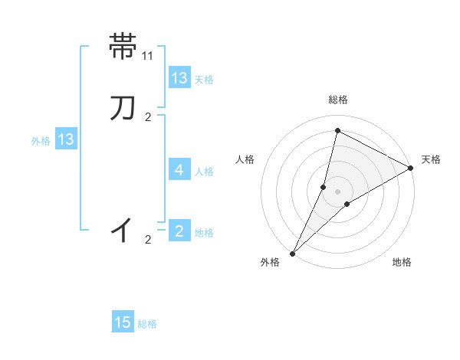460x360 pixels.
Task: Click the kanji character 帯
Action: point(123,46)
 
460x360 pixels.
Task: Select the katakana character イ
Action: point(123,230)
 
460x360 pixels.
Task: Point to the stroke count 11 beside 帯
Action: point(148,56)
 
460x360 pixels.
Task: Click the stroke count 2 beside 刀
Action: point(148,117)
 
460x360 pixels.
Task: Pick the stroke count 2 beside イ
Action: point(148,240)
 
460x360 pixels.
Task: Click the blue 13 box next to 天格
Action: point(179,78)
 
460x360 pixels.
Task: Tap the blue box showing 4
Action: point(179,169)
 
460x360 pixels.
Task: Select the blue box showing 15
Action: point(123,322)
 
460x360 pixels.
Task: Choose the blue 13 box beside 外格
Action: point(66,139)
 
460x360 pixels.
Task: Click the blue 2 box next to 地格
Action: point(179,231)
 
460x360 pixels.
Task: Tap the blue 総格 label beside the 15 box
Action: point(147,324)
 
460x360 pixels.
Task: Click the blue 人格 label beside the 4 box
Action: point(204,171)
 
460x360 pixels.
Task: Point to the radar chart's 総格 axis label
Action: point(338,100)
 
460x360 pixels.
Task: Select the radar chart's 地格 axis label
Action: point(402,263)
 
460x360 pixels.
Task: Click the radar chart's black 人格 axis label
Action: point(245,159)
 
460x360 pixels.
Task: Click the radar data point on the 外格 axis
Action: point(293,253)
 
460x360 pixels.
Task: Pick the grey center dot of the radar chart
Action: point(338,191)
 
